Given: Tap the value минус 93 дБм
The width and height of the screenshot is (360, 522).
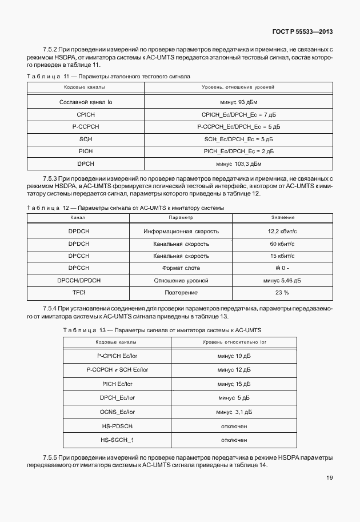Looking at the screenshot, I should pos(238,102).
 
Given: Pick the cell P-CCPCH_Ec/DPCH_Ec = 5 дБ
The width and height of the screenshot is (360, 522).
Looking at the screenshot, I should pos(238,126).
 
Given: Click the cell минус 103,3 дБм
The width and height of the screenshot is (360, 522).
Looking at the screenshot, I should pos(238,164).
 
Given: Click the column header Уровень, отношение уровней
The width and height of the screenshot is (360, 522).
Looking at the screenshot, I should pos(238,87).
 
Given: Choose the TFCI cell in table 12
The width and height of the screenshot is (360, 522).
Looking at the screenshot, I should pos(78,293).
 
